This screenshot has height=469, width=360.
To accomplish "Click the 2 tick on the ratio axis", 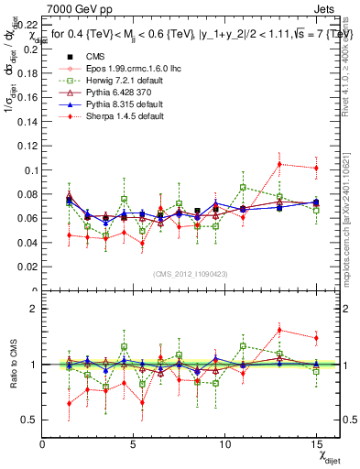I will tap(34, 309).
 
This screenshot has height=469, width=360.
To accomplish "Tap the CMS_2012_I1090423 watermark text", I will tap(190, 274).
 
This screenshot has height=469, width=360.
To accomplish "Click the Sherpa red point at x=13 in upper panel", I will tap(279, 164).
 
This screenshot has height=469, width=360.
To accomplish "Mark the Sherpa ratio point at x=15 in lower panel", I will tap(316, 338).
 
